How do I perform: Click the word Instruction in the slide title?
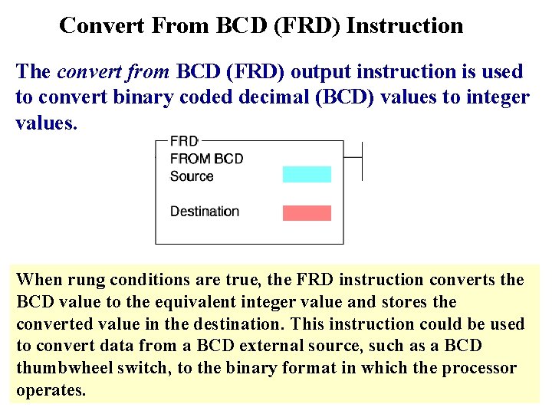pyautogui.click(x=405, y=26)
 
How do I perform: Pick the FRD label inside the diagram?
pyautogui.click(x=184, y=141)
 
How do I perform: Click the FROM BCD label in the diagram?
pyautogui.click(x=206, y=159)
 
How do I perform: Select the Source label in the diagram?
pyautogui.click(x=192, y=176)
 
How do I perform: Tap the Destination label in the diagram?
pyautogui.click(x=205, y=212)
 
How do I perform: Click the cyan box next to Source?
pyautogui.click(x=307, y=175)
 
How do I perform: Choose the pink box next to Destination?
pyautogui.click(x=307, y=212)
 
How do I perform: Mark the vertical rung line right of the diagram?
pyautogui.click(x=361, y=161)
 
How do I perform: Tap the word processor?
pyautogui.click(x=479, y=368)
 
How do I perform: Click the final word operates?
pyautogui.click(x=51, y=390)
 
